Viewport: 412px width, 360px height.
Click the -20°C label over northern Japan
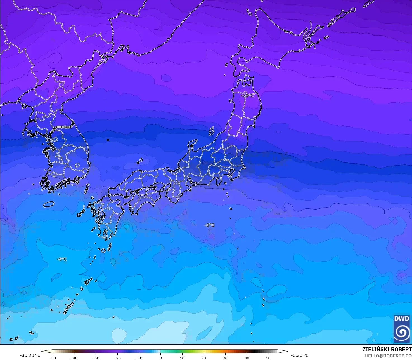coord(247,95)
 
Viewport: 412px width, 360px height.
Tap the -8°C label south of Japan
coord(209,225)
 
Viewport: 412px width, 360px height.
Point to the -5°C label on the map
coord(62,259)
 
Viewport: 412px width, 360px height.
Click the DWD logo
coord(402,328)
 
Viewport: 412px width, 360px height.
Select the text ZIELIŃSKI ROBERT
coord(387,349)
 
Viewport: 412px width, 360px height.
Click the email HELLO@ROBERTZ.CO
coord(388,356)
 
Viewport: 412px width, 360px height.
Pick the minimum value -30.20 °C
coord(30,355)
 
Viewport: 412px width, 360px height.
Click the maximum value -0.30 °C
coord(300,355)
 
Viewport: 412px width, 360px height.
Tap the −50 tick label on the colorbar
coord(52,358)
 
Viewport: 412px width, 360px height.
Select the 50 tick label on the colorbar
coord(268,358)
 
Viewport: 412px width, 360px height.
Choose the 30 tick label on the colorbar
coord(225,358)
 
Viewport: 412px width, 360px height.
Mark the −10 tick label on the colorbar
coord(139,358)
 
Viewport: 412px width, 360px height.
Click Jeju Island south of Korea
coord(49,204)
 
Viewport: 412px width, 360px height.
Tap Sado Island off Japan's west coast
coord(212,131)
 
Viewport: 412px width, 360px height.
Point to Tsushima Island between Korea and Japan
coord(87,188)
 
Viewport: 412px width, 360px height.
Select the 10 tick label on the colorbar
coord(182,358)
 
